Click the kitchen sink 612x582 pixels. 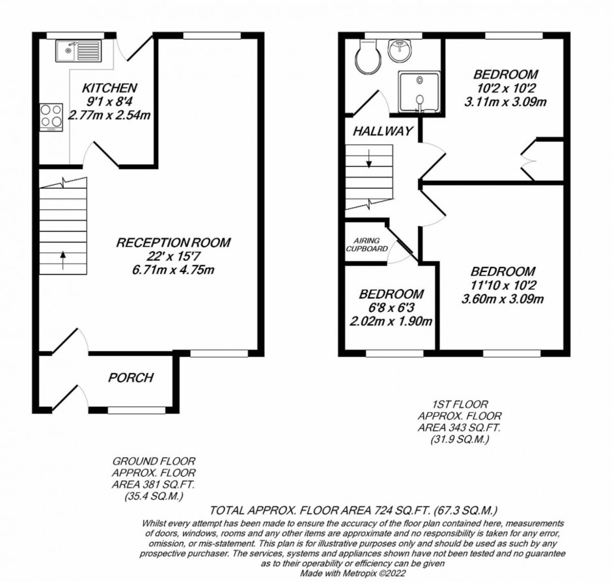78,51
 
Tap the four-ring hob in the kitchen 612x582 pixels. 51,117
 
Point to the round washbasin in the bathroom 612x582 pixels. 399,51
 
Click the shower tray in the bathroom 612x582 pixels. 419,91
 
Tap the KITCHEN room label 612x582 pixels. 109,88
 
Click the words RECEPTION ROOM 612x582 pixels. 173,242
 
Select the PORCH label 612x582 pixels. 131,378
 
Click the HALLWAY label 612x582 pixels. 383,131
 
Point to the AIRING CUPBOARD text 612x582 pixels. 367,245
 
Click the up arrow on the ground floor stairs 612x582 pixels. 63,260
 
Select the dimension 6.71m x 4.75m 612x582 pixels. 173,270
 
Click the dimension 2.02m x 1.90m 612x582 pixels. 391,321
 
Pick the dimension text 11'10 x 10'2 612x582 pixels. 503,285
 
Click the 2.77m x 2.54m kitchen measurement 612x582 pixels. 109,115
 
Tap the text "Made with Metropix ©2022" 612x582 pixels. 353,574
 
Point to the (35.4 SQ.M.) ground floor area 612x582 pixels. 154,497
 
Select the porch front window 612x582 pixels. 137,410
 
